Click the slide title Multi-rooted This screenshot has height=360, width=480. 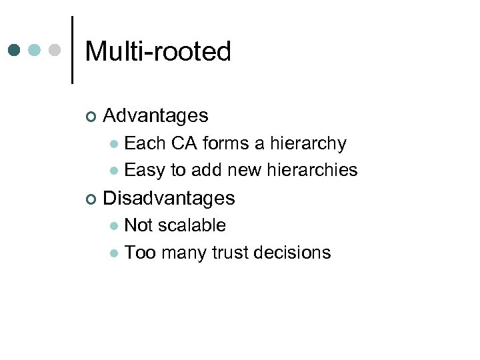pyautogui.click(x=158, y=51)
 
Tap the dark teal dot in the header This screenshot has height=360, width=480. pyautogui.click(x=15, y=51)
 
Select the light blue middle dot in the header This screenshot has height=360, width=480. pyautogui.click(x=35, y=51)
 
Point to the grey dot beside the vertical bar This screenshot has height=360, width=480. pyautogui.click(x=55, y=51)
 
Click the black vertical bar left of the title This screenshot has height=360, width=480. pyautogui.click(x=72, y=50)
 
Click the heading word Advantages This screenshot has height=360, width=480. pyautogui.click(x=155, y=116)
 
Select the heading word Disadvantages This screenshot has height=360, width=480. pyautogui.click(x=169, y=198)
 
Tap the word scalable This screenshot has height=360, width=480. pyautogui.click(x=193, y=225)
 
